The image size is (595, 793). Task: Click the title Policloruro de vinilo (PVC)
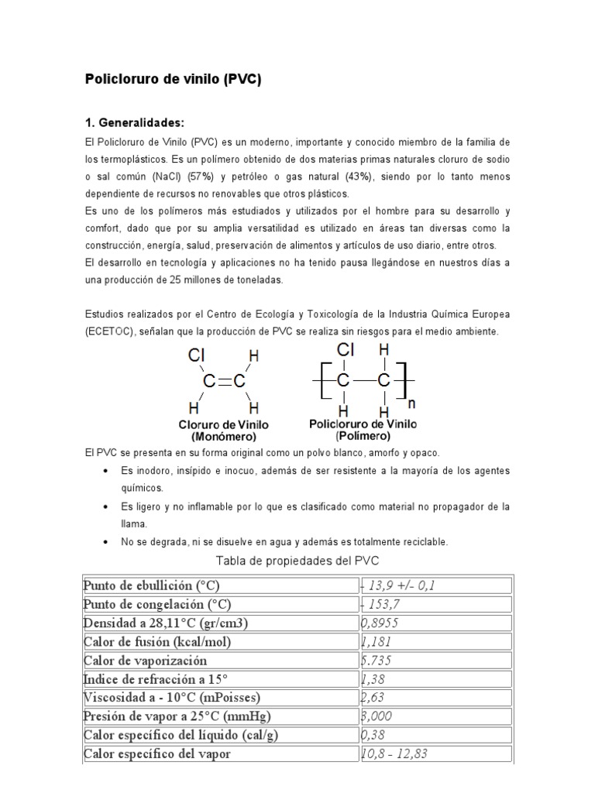coord(173,80)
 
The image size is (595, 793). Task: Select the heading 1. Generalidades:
coord(135,123)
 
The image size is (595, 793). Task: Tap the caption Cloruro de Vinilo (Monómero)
coord(224,431)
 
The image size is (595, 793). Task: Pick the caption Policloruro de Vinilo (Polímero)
coord(363,430)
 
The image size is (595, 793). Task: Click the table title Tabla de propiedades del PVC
coord(297,561)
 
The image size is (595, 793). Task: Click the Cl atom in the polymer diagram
coord(346,352)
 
